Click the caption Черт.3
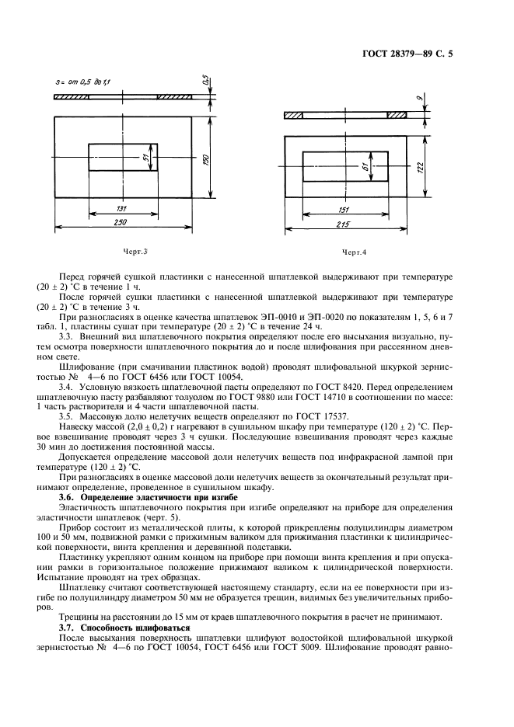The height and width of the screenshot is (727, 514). click(x=135, y=252)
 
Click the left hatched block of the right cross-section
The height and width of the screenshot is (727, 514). click(x=294, y=115)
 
